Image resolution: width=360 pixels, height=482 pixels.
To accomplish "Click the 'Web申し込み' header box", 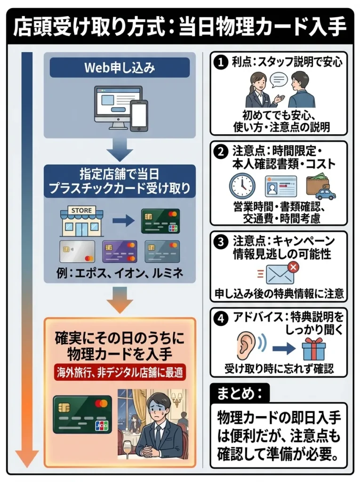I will [x=120, y=67].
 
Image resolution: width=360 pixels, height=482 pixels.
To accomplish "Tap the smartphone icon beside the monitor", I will [x=139, y=115].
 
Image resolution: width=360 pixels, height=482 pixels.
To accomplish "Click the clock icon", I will [x=242, y=186].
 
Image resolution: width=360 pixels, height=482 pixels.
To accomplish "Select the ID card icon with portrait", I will [x=281, y=186].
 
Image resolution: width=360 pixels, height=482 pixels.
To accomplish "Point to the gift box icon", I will [x=313, y=349].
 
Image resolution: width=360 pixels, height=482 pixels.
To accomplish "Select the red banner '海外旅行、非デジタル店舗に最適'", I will [x=120, y=372].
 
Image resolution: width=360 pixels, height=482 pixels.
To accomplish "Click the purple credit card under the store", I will [x=120, y=251].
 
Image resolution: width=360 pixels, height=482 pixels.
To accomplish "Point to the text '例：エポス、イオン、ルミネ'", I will [x=120, y=273].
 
